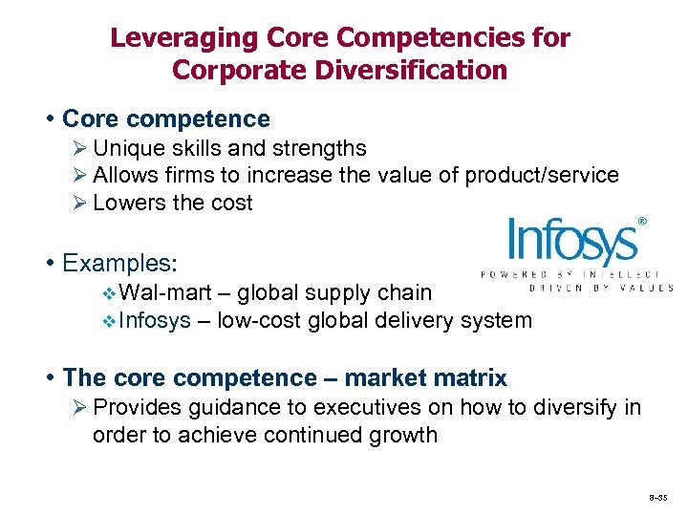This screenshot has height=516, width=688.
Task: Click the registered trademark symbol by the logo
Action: tap(642, 221)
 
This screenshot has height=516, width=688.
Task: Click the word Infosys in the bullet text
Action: tap(157, 320)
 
